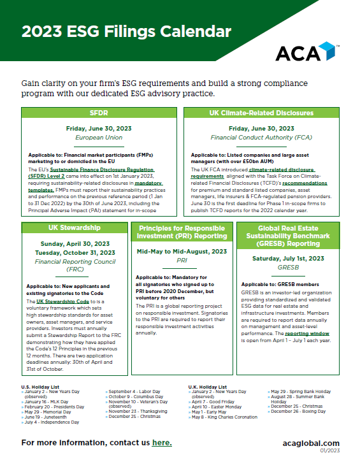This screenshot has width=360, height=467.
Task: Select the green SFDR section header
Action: coord(99,113)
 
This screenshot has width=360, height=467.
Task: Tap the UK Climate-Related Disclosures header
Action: coord(261,113)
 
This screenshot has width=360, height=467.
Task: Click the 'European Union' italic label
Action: coord(99,138)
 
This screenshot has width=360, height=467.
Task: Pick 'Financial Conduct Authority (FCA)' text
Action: coord(261,138)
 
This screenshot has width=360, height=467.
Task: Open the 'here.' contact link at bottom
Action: coord(162,442)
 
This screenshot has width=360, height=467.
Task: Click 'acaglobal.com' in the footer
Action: coord(310,443)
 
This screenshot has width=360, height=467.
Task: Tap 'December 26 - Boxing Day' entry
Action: coord(299,410)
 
